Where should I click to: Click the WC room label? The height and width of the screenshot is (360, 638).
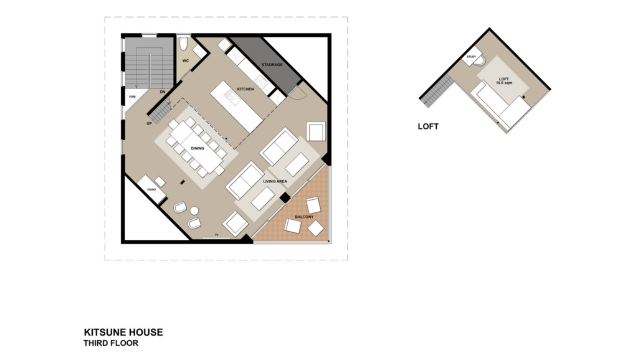(186, 61)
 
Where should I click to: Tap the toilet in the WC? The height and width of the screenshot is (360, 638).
(184, 43)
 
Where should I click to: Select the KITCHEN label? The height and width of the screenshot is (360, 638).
(245, 89)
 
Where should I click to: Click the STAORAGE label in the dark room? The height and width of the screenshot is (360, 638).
(272, 65)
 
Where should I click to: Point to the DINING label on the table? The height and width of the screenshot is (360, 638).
(198, 148)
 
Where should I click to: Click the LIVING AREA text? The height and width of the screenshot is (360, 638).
(275, 181)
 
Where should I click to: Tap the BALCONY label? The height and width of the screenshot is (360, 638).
(304, 217)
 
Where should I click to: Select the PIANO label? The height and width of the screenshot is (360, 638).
(151, 189)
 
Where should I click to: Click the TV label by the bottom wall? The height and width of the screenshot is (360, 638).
(216, 235)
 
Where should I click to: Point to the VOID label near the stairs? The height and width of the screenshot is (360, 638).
(132, 97)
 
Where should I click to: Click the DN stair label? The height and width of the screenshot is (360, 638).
(163, 92)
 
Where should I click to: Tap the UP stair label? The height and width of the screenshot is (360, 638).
(149, 123)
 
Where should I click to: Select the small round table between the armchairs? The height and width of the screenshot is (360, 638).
(194, 211)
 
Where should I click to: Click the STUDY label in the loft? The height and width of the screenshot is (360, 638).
(471, 57)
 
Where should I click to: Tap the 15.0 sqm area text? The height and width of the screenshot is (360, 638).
(503, 83)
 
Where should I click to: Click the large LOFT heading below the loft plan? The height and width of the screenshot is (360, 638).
(428, 126)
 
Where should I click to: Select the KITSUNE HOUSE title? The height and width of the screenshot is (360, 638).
(123, 333)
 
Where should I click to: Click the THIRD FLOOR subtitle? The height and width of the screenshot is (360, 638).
(111, 343)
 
